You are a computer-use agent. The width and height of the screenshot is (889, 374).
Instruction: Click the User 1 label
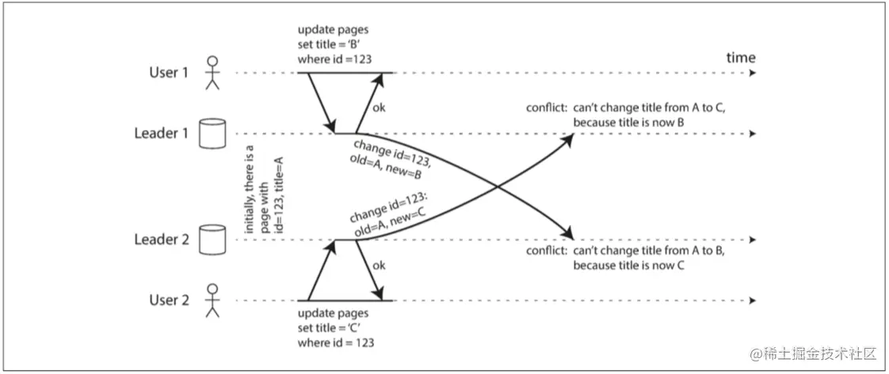tap(168, 72)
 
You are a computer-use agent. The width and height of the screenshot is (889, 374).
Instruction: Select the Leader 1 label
tap(161, 133)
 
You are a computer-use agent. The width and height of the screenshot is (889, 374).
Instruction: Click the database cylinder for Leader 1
tap(208, 134)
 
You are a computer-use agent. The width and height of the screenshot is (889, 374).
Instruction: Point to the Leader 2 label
tap(161, 239)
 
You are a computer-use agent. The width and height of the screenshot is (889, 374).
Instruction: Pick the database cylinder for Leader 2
tap(208, 239)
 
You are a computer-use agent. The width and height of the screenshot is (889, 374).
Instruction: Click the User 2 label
tap(168, 301)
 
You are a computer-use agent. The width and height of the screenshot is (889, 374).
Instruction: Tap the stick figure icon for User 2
tap(211, 301)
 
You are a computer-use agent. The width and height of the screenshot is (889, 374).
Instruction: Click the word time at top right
tap(741, 57)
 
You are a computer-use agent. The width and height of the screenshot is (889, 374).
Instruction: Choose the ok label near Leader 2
tap(379, 265)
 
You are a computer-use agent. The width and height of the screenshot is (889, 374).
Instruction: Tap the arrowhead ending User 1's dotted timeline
tap(751, 73)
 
